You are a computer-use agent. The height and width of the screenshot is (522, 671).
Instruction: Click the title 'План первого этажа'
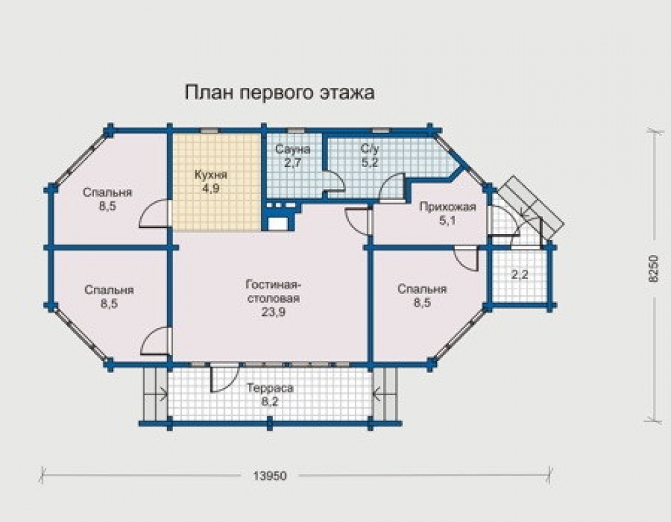pyautogui.click(x=279, y=93)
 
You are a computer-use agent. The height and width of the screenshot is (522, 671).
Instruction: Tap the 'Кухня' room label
pyautogui.click(x=211, y=175)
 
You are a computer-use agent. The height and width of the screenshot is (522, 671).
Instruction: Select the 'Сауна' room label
pyautogui.click(x=293, y=150)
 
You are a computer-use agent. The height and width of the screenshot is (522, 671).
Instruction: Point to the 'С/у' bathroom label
pyautogui.click(x=370, y=150)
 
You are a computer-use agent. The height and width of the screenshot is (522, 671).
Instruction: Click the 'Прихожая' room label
pyautogui.click(x=448, y=207)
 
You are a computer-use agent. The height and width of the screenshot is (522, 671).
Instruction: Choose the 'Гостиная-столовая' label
pyautogui.click(x=274, y=291)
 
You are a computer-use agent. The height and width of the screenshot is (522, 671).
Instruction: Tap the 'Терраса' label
pyautogui.click(x=270, y=388)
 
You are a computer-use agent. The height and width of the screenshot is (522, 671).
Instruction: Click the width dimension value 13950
pyautogui.click(x=270, y=476)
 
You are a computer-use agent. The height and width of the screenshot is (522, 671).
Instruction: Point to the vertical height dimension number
pyautogui.click(x=653, y=268)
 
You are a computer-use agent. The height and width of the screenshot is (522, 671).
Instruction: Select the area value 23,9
pyautogui.click(x=274, y=313)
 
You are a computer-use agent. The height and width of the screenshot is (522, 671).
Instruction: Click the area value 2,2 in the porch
pyautogui.click(x=519, y=274)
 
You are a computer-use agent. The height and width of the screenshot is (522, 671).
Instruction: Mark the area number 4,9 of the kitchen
pyautogui.click(x=211, y=189)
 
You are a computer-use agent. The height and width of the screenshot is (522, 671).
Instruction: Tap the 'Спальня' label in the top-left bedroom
pyautogui.click(x=107, y=193)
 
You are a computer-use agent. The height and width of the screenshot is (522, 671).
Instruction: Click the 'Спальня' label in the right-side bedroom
pyautogui.click(x=422, y=289)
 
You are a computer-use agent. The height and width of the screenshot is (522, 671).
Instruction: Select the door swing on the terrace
pyautogui.click(x=224, y=378)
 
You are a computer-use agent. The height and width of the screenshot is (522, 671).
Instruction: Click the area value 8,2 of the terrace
pyautogui.click(x=270, y=402)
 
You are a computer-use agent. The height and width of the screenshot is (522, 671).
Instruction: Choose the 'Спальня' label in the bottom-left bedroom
pyautogui.click(x=109, y=290)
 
